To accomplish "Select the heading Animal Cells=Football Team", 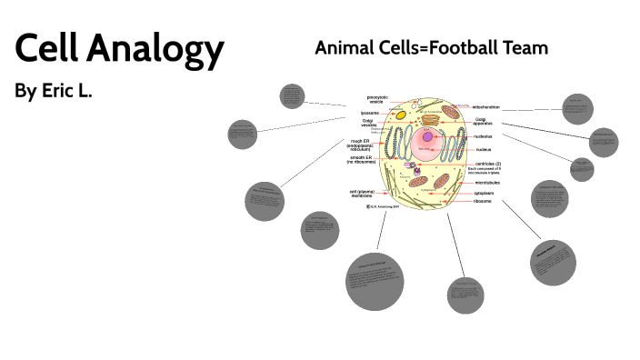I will point(431,47).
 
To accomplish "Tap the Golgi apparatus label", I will point(487,122).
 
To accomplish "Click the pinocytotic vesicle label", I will point(376,99).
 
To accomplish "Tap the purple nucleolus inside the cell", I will point(427,137).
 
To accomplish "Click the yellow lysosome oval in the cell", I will point(397,116).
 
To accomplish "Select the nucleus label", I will point(483,149).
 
